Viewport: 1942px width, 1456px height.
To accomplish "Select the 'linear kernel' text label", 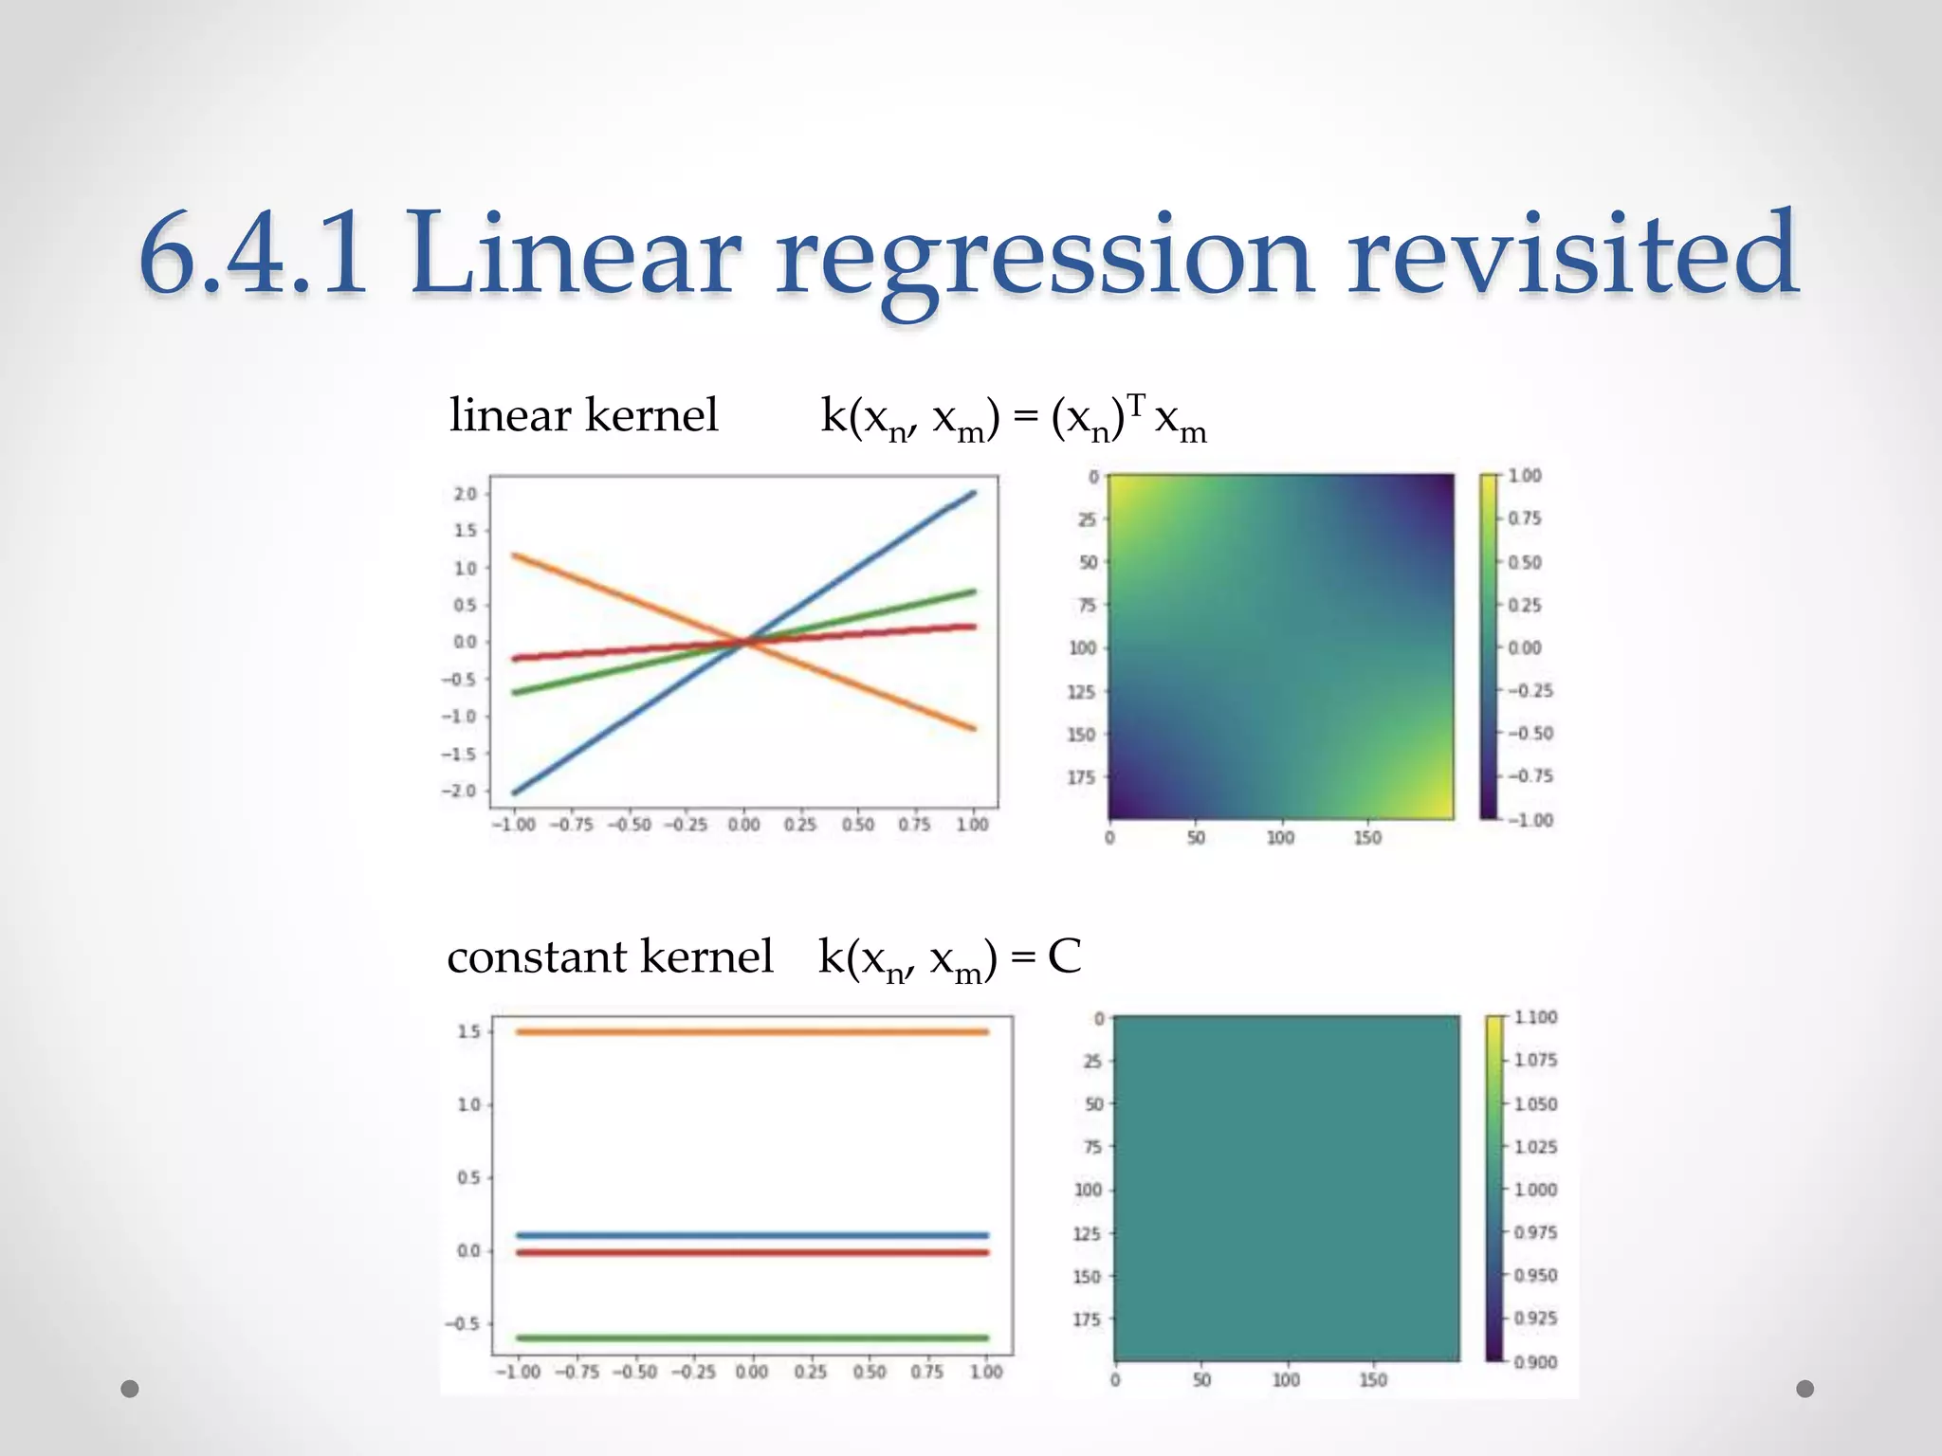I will click(x=583, y=415).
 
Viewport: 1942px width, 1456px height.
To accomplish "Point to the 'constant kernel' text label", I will click(x=610, y=956).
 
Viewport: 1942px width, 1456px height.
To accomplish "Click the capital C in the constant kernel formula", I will click(x=1064, y=956).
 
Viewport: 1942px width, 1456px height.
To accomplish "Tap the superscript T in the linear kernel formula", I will click(x=1136, y=406).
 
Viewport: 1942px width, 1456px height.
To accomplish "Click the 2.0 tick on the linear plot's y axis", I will click(x=466, y=494).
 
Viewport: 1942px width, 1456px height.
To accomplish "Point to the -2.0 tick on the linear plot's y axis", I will click(x=460, y=791).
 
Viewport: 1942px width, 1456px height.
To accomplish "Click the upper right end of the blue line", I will click(x=970, y=494).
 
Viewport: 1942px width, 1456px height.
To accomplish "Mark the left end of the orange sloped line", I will click(x=516, y=555).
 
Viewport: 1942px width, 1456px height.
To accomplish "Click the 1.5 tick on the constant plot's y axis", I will click(x=469, y=1031).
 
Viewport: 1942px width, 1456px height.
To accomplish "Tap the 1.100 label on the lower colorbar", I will click(x=1534, y=1017).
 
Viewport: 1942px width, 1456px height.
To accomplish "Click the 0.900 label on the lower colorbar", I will click(x=1534, y=1362).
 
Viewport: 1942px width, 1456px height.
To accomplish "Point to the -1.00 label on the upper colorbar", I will click(x=1530, y=820).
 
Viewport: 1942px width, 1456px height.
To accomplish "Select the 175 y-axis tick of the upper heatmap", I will click(x=1081, y=777).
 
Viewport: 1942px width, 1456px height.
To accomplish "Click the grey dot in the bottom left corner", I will click(x=130, y=1389).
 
